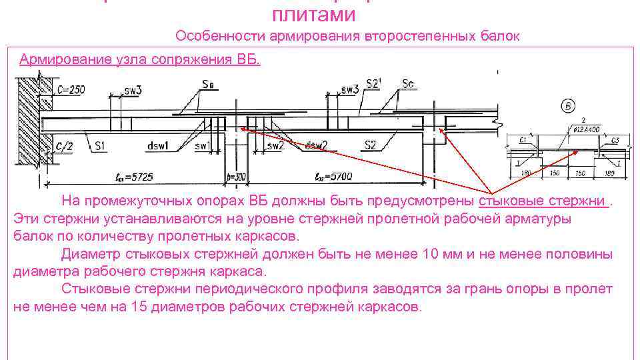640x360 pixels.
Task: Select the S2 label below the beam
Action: coord(371,145)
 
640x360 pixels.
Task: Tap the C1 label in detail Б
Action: coord(523,140)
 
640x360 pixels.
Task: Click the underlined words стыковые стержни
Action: coord(543,201)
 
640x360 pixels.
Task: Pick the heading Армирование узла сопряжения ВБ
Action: coord(140,59)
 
